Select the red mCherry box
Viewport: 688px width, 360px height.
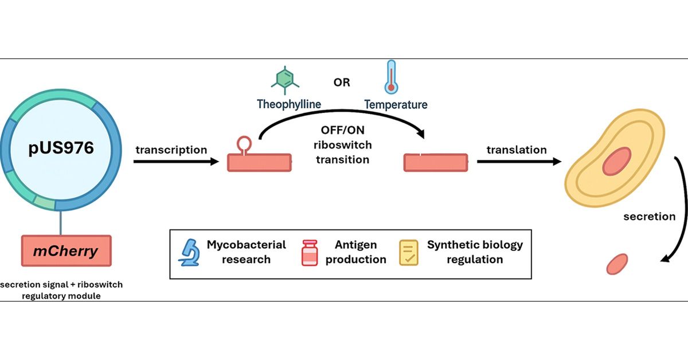(x=66, y=251)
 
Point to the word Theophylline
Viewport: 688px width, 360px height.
(x=289, y=104)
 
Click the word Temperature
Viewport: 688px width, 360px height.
(x=396, y=104)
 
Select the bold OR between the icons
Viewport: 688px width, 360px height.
(x=342, y=83)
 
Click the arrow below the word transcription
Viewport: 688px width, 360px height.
(x=176, y=162)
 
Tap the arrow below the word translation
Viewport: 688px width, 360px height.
(x=519, y=162)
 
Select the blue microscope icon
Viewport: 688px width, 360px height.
(x=189, y=253)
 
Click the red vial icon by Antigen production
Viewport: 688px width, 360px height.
(x=310, y=253)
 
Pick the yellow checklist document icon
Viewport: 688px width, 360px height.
(x=409, y=253)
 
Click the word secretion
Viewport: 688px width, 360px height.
(x=649, y=217)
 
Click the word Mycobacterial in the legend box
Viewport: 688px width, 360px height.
(x=246, y=245)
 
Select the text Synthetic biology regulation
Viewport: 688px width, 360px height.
(x=475, y=252)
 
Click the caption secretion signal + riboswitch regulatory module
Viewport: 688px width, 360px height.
(x=61, y=289)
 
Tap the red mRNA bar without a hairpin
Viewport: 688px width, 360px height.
(x=436, y=162)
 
